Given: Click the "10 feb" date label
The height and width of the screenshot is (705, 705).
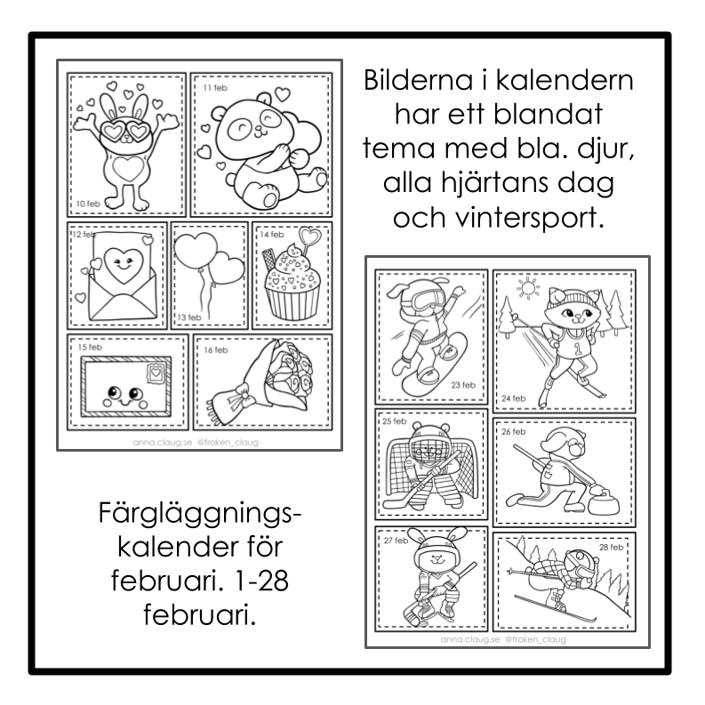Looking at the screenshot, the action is pos(88,204).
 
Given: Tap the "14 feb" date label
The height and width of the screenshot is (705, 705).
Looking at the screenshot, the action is pos(271,234).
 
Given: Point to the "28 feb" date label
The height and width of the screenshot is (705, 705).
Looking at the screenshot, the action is pos(611,547).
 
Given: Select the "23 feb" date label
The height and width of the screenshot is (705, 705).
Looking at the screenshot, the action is pos(463,385).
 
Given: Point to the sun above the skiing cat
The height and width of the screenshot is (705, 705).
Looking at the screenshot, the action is pos(527,288).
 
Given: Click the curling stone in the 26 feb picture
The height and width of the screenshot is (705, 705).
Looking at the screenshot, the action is pos(604,501).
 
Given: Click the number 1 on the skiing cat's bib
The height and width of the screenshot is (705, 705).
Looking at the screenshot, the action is pos(577,348).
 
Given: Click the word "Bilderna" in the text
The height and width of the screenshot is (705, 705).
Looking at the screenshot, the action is pos(418,80).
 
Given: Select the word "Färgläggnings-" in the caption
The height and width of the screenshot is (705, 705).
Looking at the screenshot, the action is pos(200,514).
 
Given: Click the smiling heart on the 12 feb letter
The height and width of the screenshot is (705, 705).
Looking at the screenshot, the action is pos(124,266).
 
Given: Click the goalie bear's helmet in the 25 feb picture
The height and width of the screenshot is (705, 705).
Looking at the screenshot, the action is pos(430,444).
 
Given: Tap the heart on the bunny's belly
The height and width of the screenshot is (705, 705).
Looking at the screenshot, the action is pos(128,168).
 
